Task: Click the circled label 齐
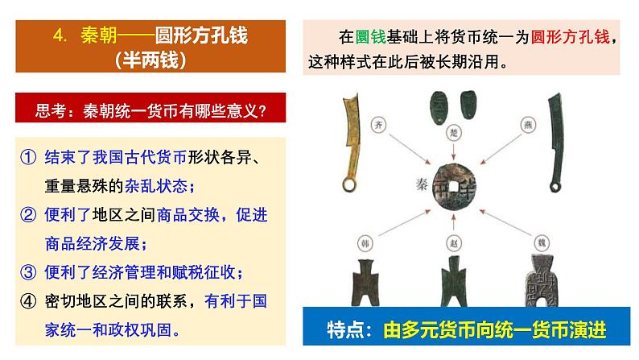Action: point(379,125)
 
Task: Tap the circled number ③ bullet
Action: point(29,271)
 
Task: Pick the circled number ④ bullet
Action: point(29,300)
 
